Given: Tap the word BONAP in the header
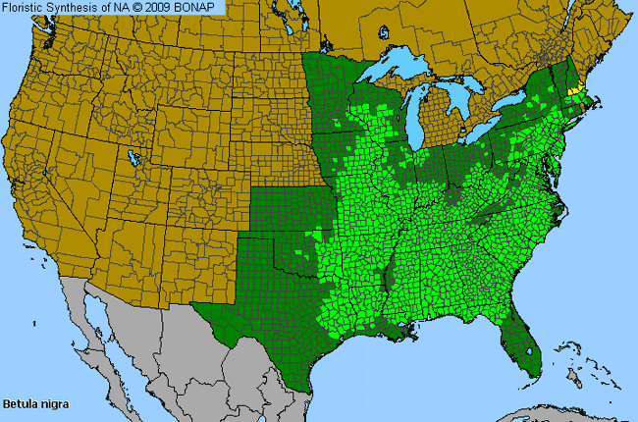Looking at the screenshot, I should [199, 8].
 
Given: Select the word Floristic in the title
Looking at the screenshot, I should [27, 8].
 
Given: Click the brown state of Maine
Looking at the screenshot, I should [593, 49].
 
